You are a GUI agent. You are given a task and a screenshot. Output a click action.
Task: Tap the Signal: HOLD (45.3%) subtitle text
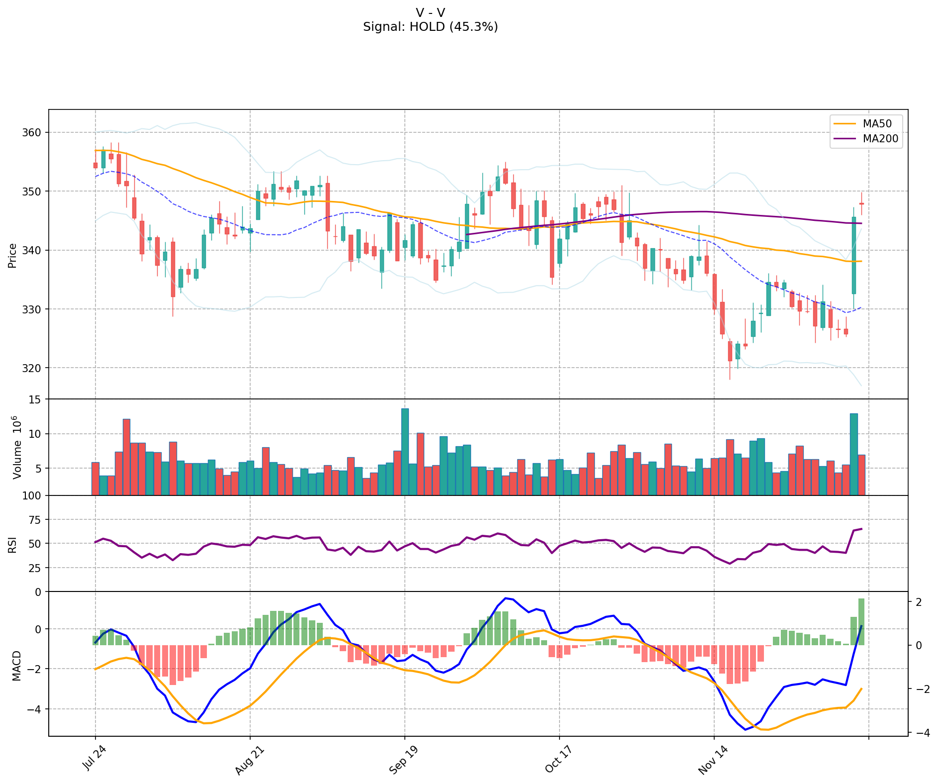(430, 27)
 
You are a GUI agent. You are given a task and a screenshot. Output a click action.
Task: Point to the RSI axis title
(12, 544)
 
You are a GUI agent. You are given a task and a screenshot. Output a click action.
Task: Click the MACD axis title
(16, 665)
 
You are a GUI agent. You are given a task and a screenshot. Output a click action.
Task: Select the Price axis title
(12, 256)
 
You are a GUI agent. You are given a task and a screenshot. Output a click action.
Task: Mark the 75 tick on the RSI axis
(36, 520)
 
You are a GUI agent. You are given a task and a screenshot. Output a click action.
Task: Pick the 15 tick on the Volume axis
(36, 399)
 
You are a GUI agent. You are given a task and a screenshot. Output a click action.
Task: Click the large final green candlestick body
(853, 255)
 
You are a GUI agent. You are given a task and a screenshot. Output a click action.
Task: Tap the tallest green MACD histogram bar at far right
(861, 622)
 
